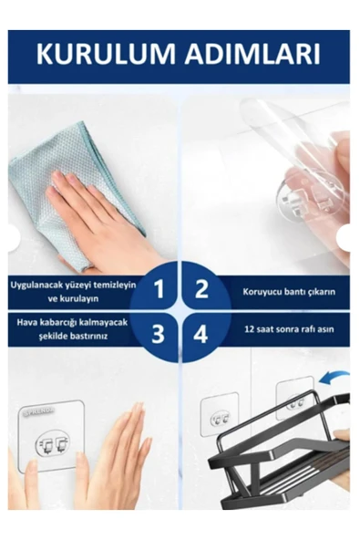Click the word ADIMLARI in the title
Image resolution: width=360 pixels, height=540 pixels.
click(x=253, y=55)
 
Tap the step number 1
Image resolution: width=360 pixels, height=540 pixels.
click(x=159, y=288)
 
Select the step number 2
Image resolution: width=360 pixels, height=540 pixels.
click(x=201, y=288)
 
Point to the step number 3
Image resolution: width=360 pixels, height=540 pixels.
click(x=158, y=333)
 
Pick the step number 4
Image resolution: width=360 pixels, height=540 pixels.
click(x=201, y=333)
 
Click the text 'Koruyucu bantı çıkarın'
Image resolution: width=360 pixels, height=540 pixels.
click(x=289, y=292)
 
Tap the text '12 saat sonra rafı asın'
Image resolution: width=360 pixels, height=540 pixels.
click(x=289, y=329)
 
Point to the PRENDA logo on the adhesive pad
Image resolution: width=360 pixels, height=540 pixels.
click(x=38, y=410)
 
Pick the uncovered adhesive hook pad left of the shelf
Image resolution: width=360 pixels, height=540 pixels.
click(x=220, y=418)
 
